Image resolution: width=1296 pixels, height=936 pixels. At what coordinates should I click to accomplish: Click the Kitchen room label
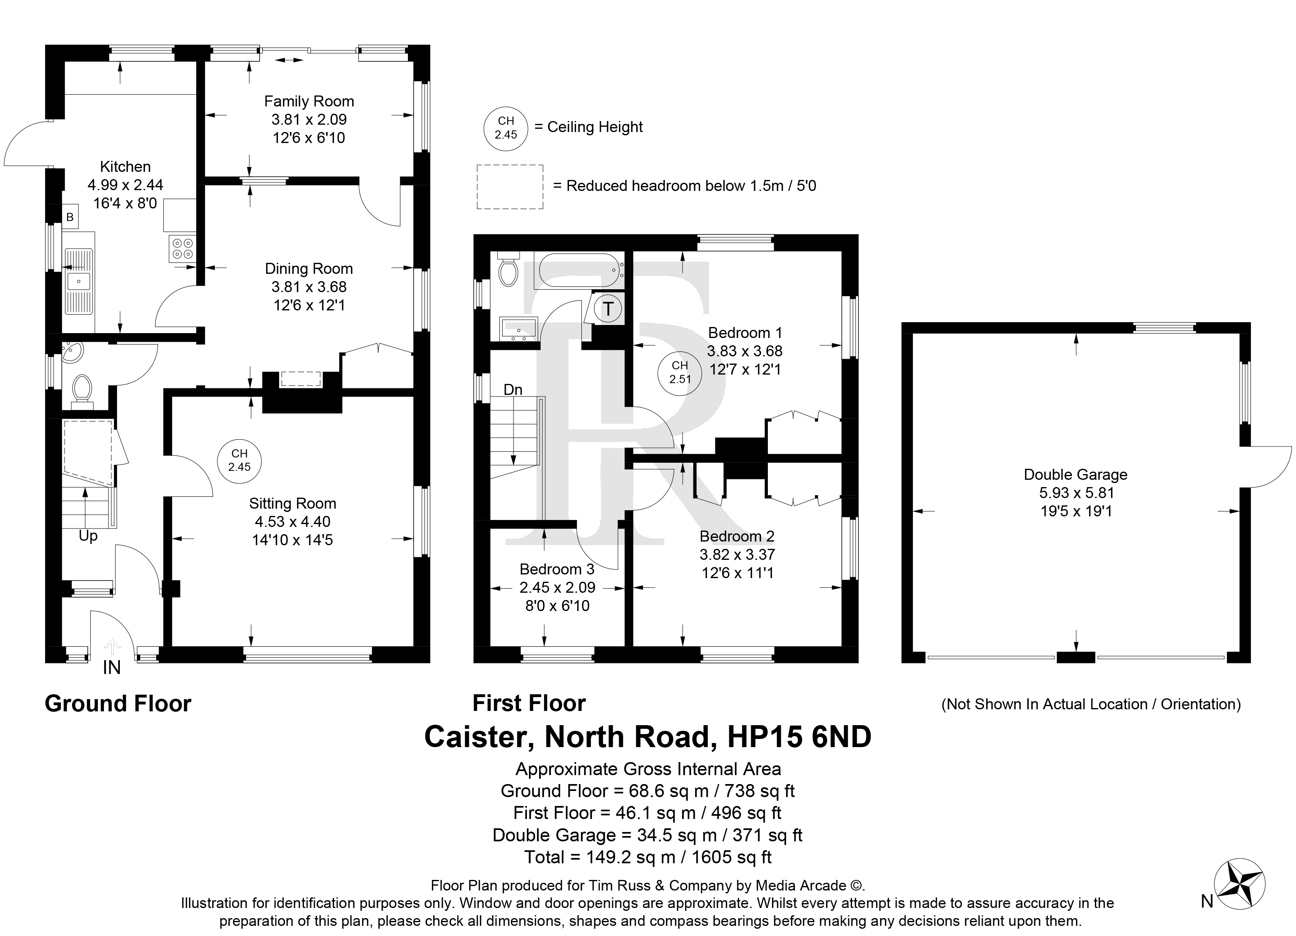[125, 167]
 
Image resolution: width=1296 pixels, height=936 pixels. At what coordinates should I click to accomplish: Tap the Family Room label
[309, 102]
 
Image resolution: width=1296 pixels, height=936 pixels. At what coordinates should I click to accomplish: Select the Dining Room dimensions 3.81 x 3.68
[309, 287]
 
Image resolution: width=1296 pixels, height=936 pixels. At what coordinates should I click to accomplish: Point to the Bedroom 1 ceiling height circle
[680, 373]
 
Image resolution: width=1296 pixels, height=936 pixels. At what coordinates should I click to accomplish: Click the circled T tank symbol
[608, 309]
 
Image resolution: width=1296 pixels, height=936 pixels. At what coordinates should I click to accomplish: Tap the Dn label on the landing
[513, 390]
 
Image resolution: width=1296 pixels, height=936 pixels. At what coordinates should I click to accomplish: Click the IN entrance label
[112, 667]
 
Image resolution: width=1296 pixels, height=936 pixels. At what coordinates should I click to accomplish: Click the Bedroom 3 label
[557, 569]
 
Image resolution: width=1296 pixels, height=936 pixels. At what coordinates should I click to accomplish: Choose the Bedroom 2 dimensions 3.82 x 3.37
[737, 554]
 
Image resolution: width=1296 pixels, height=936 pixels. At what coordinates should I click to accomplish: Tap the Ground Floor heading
[118, 704]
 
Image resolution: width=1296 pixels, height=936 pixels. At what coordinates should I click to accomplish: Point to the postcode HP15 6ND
[799, 737]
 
